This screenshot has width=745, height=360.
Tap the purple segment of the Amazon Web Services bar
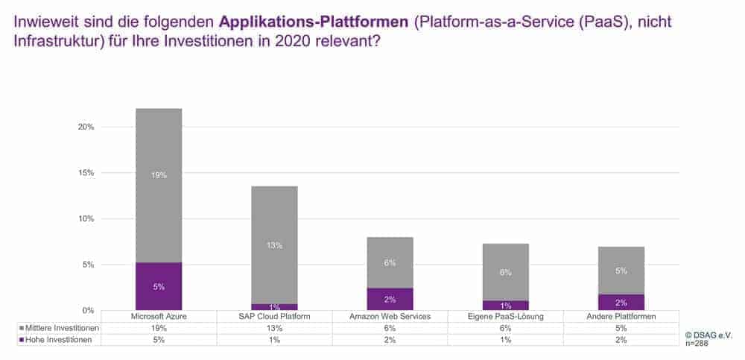click(x=390, y=299)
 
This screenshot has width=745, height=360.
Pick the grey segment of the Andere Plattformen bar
click(x=621, y=271)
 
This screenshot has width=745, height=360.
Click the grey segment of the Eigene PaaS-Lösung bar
click(x=505, y=272)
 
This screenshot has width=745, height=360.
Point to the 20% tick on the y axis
click(x=86, y=127)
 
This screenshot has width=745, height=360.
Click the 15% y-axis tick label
click(x=86, y=173)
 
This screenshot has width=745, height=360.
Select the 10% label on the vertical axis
click(x=86, y=218)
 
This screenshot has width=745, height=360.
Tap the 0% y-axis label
click(x=89, y=310)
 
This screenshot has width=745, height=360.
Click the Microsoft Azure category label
click(x=159, y=317)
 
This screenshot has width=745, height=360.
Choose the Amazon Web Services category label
click(x=390, y=317)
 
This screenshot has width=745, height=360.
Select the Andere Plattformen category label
click(x=621, y=317)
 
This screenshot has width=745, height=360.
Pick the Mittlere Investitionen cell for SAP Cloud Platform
click(x=274, y=328)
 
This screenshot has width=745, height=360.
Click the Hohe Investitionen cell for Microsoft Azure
click(x=159, y=339)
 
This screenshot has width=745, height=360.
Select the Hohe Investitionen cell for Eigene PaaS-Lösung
click(x=505, y=339)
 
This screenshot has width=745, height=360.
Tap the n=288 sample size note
click(x=697, y=344)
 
